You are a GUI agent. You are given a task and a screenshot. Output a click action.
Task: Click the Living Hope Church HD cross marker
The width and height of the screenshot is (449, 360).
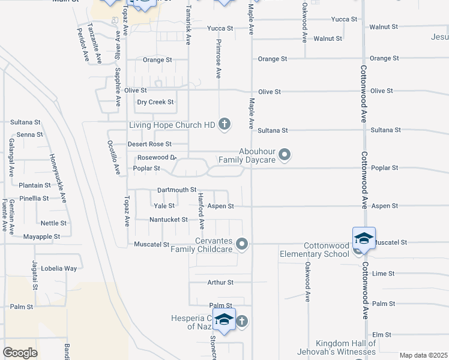(x=224, y=125)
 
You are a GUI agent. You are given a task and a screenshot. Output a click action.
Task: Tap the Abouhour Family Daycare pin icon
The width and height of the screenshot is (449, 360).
(x=285, y=155)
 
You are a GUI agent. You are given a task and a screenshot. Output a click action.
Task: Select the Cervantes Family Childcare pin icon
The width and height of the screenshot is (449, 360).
(x=242, y=244)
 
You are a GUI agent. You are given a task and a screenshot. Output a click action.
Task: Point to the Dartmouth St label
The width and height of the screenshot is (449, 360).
(x=160, y=190)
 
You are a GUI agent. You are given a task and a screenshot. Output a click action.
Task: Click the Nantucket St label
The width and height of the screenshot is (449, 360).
(x=169, y=220)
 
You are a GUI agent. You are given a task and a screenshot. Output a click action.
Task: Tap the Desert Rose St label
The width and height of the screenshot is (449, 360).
(x=149, y=144)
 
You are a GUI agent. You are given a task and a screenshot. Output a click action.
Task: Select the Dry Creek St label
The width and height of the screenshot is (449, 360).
(x=155, y=102)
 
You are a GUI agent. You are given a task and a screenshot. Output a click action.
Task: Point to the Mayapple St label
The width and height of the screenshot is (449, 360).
(x=41, y=236)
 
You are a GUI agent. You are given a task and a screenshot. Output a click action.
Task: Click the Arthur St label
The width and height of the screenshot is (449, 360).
(x=220, y=282)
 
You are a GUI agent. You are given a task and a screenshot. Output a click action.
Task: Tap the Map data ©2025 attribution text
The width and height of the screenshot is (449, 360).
(x=423, y=355)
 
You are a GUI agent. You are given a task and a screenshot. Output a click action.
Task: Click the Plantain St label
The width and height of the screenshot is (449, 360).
(x=34, y=185)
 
